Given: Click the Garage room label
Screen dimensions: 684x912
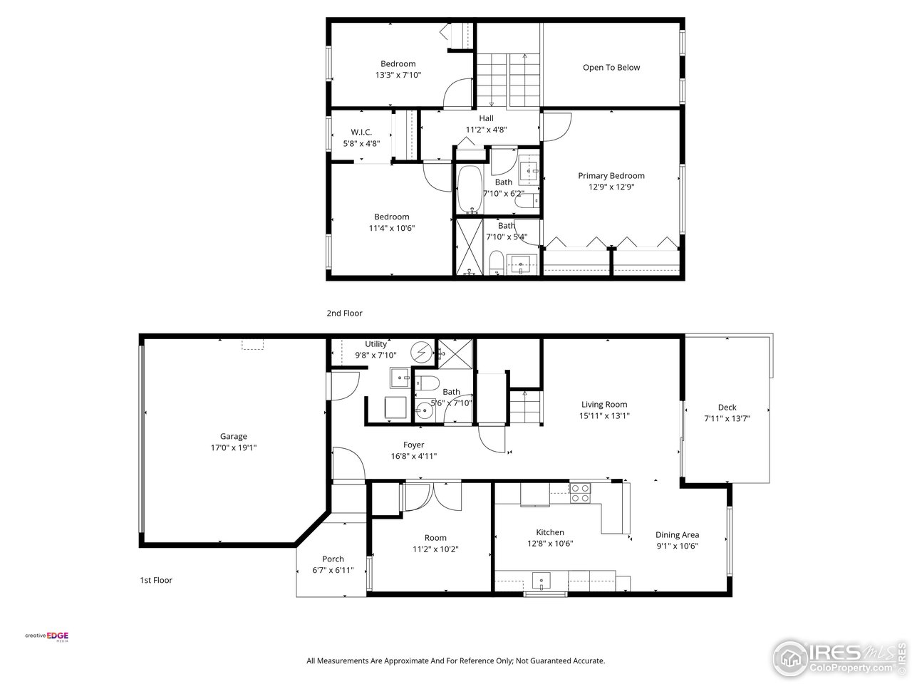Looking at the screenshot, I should click(x=233, y=437).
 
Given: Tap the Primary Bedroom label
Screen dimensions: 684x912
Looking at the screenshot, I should click(x=611, y=176).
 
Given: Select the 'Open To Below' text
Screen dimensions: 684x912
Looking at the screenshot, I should click(x=611, y=68).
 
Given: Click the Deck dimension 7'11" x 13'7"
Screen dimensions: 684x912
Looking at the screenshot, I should click(x=727, y=419).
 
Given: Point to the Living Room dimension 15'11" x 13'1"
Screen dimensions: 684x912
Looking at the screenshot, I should click(x=604, y=416).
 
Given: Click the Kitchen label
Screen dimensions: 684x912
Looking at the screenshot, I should click(x=550, y=532).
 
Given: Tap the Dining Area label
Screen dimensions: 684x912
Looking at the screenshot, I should click(x=677, y=535).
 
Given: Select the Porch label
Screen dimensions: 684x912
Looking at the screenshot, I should click(x=333, y=559).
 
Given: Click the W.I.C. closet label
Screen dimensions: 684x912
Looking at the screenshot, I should click(x=361, y=132).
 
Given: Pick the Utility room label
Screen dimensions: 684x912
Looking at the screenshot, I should click(x=375, y=344).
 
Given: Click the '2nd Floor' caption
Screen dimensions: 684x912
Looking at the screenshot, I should click(x=344, y=313).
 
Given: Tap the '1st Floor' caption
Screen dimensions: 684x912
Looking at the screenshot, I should click(x=155, y=580).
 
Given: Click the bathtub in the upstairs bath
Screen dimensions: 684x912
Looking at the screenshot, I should click(x=470, y=190).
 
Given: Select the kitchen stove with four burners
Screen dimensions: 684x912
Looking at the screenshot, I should click(x=581, y=493).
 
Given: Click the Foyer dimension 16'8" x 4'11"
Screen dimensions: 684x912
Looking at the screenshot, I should click(x=413, y=457).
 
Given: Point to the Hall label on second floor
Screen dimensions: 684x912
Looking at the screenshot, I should click(x=486, y=118).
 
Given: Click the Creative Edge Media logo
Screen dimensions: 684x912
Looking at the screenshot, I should click(x=47, y=636).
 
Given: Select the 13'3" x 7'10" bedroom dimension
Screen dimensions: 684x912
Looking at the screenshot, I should click(x=398, y=74).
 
